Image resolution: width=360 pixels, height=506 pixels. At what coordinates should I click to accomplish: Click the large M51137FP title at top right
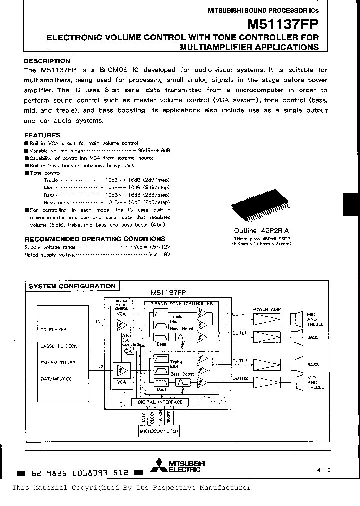click(x=282, y=24)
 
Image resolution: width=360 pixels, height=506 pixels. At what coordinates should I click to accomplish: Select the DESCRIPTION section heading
click(x=47, y=61)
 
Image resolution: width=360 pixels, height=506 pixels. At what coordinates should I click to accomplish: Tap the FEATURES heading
click(x=42, y=135)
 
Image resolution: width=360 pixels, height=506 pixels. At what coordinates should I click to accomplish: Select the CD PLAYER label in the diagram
click(x=54, y=330)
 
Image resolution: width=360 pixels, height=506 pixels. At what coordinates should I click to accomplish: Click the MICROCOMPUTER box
click(x=159, y=431)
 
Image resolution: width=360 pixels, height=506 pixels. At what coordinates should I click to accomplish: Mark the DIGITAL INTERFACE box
click(x=160, y=402)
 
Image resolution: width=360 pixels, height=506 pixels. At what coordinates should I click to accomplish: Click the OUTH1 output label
click(x=240, y=314)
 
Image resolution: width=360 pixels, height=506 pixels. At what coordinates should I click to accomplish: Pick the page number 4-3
click(x=324, y=470)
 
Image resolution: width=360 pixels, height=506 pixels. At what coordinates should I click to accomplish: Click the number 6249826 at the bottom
click(x=48, y=472)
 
